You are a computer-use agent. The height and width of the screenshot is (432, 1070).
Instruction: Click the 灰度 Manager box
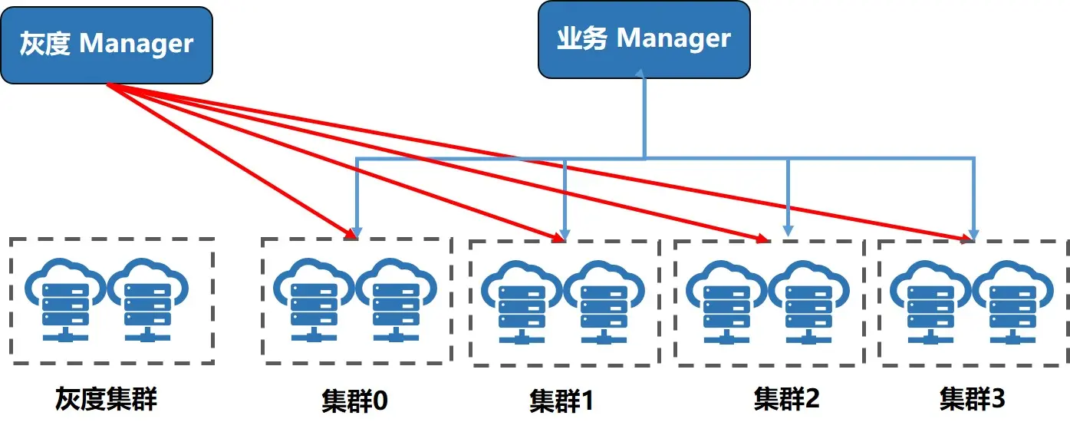point(106,45)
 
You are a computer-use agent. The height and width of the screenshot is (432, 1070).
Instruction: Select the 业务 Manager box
point(644,39)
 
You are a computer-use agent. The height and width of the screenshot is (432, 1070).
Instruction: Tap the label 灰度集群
point(106,399)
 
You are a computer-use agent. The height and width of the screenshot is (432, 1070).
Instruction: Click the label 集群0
point(354,401)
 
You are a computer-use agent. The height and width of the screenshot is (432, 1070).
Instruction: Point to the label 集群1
point(561,401)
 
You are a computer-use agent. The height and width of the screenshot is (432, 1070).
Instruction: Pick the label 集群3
point(973,399)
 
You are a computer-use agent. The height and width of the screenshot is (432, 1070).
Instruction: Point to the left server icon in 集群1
point(522,304)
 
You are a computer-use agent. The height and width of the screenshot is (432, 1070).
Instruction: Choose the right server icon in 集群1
point(604,304)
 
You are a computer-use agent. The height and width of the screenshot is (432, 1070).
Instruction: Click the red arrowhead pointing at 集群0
point(350,233)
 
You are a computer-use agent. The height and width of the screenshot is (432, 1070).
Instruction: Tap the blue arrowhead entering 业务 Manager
point(644,73)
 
